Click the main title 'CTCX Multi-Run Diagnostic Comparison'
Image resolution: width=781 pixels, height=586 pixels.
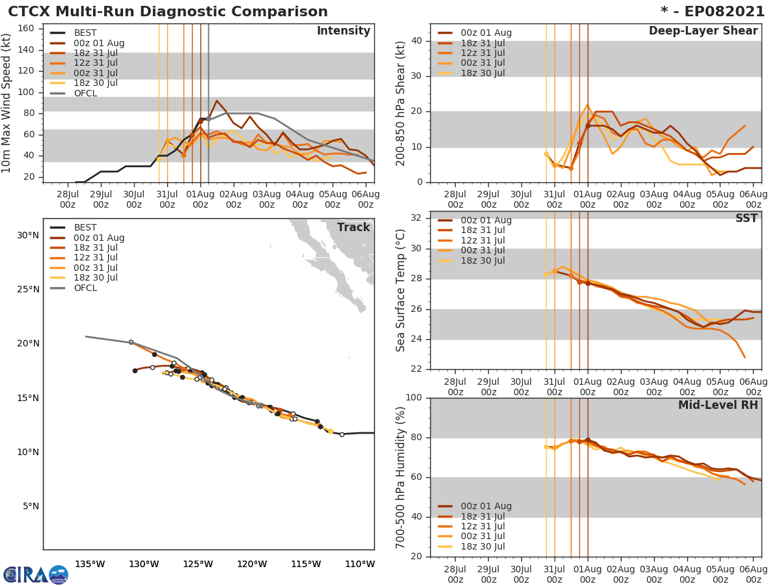[x=168, y=12]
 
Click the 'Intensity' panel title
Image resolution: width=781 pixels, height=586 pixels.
[x=343, y=31]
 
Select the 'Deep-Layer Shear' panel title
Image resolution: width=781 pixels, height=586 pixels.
[x=703, y=31]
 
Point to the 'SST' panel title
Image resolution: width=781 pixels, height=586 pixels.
[x=746, y=218]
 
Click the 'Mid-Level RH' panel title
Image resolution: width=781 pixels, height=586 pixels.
[x=718, y=405]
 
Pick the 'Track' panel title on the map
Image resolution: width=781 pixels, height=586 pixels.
[x=353, y=227]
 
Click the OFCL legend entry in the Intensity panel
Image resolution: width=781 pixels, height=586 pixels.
[x=85, y=93]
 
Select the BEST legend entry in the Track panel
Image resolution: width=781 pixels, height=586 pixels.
[x=86, y=227]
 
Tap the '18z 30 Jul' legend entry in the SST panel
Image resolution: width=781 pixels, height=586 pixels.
[x=482, y=260]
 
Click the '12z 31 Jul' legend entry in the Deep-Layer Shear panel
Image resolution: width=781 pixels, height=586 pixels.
[x=482, y=53]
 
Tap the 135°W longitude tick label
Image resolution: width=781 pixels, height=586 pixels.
[x=90, y=564]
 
